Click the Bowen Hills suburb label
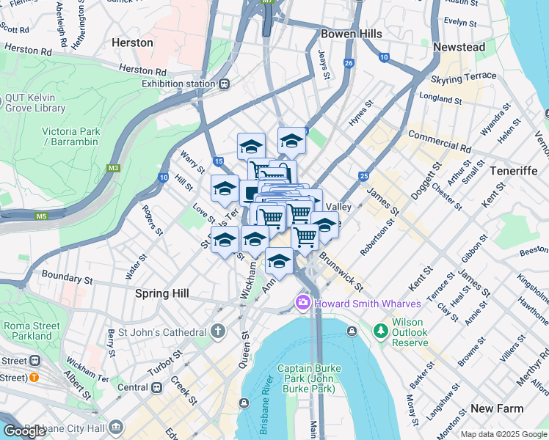pos(351,34)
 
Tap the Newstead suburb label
pos(459,47)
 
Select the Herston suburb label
pos(132,43)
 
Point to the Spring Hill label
pos(162,293)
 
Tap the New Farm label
pos(497,408)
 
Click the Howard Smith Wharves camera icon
pos(302,303)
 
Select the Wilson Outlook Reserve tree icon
pos(380,331)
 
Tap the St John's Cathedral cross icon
pos(217,331)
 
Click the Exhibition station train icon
pos(223,84)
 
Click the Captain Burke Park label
pos(308,375)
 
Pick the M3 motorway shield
pos(113,168)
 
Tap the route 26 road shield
pos(349,64)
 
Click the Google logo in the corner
pos(24,430)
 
